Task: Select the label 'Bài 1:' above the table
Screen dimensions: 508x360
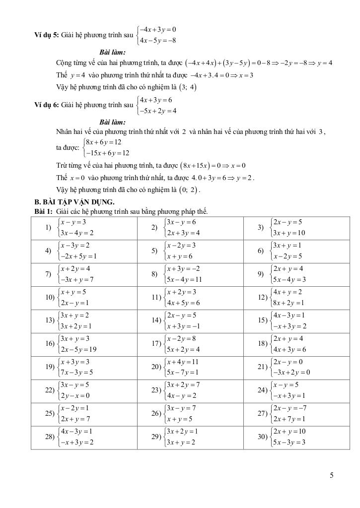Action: (x=40, y=212)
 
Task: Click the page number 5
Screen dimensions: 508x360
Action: (x=331, y=476)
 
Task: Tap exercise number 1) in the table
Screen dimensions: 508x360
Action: (x=49, y=227)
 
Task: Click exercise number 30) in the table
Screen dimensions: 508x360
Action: (x=262, y=437)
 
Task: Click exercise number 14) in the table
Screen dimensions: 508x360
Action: (x=155, y=320)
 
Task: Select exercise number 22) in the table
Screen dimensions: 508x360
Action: (x=49, y=390)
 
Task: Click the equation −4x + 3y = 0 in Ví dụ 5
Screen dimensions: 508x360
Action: (x=158, y=29)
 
